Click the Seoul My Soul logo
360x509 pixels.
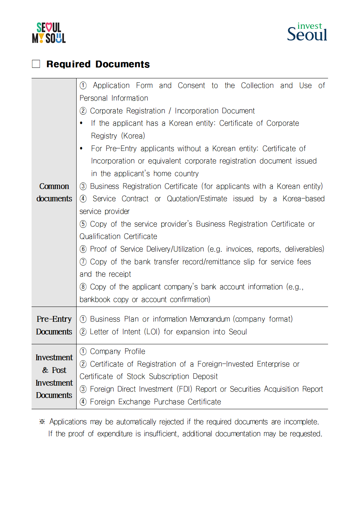tap(49, 33)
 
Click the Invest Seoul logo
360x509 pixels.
tap(307, 32)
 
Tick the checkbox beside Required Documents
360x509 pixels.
tap(36, 64)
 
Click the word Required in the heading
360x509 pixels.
tap(68, 64)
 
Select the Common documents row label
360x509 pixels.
tap(54, 192)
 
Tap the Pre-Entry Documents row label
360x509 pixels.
tap(54, 325)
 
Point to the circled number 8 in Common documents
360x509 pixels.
tap(83, 287)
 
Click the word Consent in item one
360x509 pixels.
tap(191, 86)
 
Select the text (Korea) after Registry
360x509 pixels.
tap(133, 136)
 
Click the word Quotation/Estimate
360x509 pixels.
tap(197, 199)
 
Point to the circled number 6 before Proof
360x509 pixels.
tap(83, 249)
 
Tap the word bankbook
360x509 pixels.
tap(95, 300)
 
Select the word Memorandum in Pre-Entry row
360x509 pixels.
tap(210, 319)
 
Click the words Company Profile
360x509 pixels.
tap(117, 352)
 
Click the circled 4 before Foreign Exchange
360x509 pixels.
tap(83, 402)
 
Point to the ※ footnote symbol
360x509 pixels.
tap(42, 422)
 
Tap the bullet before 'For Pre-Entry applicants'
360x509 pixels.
tap(81, 148)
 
